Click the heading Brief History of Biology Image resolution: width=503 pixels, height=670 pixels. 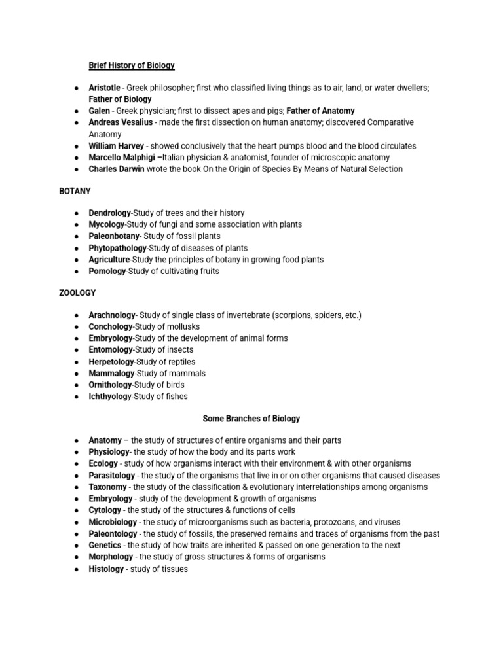coord(132,65)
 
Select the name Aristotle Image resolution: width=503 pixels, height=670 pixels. coord(104,88)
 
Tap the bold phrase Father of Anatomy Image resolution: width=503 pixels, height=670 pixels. coord(320,111)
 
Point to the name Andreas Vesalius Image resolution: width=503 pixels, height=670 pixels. coord(121,122)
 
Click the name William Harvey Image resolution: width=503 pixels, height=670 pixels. coord(115,146)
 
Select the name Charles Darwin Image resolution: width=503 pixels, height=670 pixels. coord(115,169)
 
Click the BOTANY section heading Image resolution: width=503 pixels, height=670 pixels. coord(75,192)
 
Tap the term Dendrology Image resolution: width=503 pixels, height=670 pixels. coord(110,213)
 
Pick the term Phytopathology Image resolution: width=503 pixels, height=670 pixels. coord(118,248)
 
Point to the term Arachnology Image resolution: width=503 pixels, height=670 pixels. coord(112,315)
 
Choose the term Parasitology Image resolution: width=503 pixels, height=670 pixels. coord(112,476)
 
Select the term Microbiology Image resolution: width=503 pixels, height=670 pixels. coord(113,522)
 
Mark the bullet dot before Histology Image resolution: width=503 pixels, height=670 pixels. coord(77,569)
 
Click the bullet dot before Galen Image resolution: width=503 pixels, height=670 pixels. coord(77,111)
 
